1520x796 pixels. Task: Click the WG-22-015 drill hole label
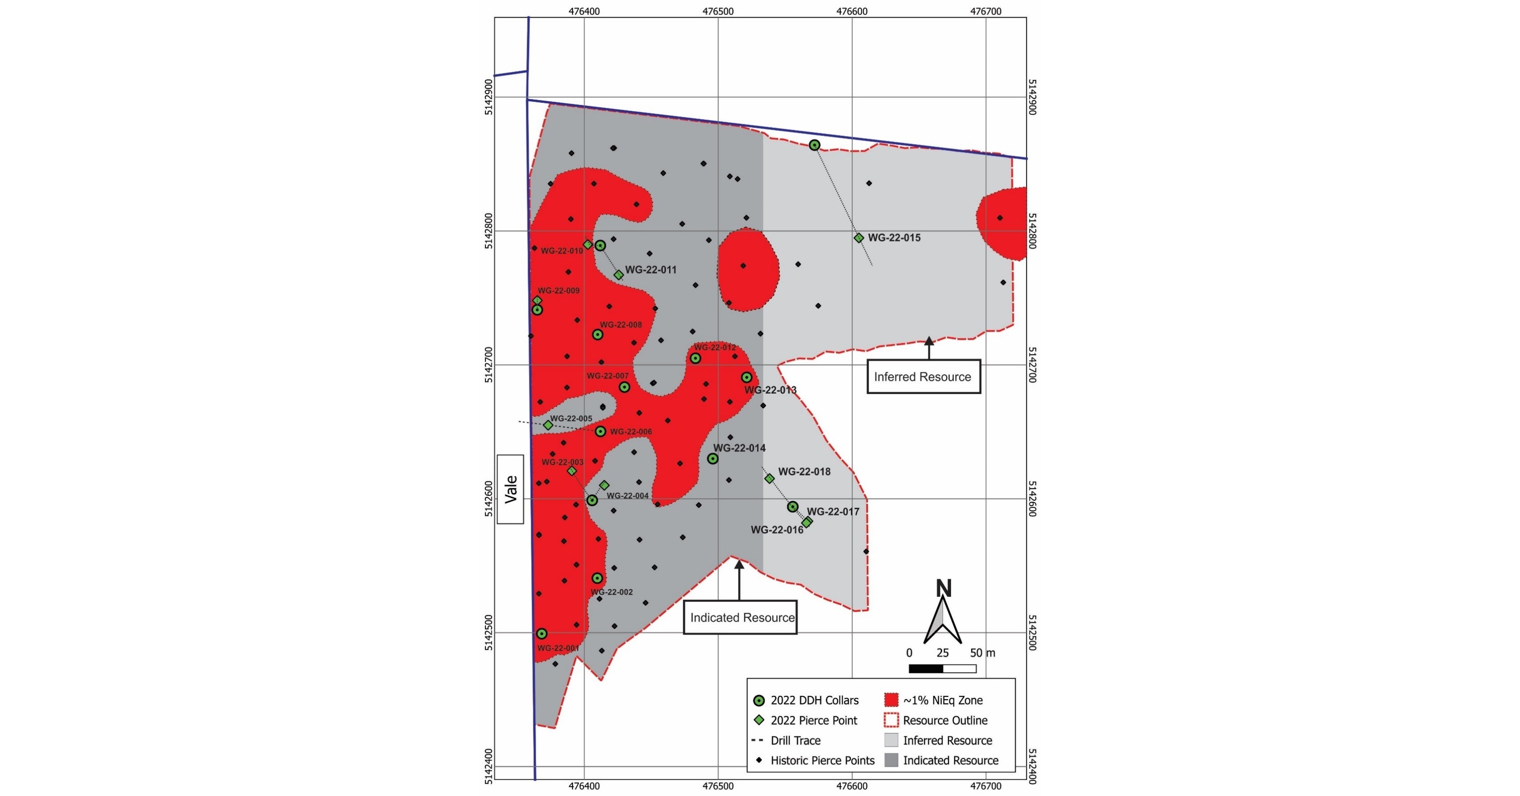(x=894, y=238)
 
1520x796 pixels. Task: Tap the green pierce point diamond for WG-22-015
(x=859, y=238)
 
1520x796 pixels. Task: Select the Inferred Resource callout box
(x=923, y=377)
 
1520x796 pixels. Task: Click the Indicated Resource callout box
(x=741, y=618)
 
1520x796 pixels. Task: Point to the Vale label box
(x=511, y=489)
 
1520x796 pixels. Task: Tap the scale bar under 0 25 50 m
(x=942, y=669)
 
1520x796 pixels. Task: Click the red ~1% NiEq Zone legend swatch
(x=891, y=700)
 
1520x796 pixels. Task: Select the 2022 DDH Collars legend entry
(x=814, y=700)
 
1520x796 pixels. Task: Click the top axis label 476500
(x=718, y=11)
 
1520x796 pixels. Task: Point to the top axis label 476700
(x=986, y=11)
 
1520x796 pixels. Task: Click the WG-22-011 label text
(x=651, y=270)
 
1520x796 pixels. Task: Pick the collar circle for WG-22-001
(x=542, y=634)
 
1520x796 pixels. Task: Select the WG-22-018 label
(x=804, y=472)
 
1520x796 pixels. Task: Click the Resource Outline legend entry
(x=945, y=721)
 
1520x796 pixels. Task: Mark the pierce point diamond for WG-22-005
(x=548, y=425)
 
